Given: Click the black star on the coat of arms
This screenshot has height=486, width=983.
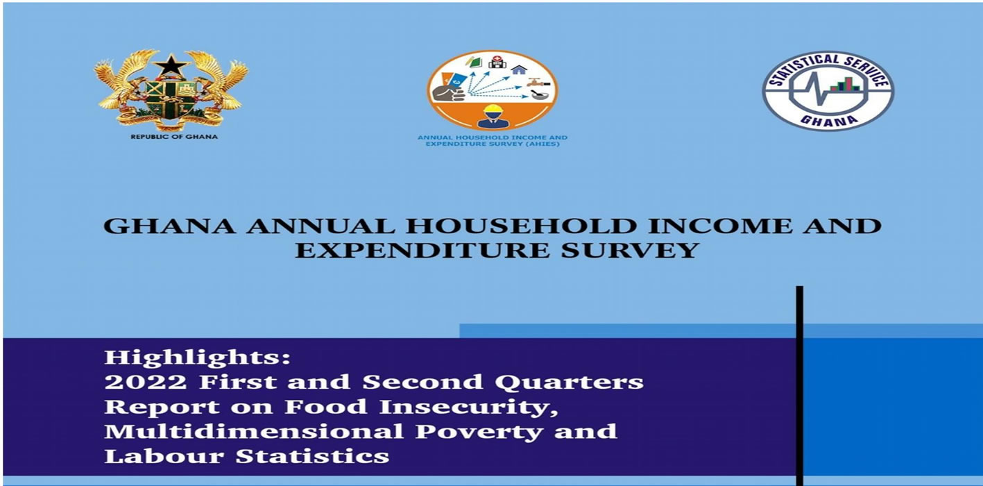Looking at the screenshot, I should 171,67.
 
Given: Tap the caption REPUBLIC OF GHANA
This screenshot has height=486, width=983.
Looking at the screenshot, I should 173,137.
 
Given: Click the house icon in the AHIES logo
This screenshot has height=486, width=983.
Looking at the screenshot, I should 519,69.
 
